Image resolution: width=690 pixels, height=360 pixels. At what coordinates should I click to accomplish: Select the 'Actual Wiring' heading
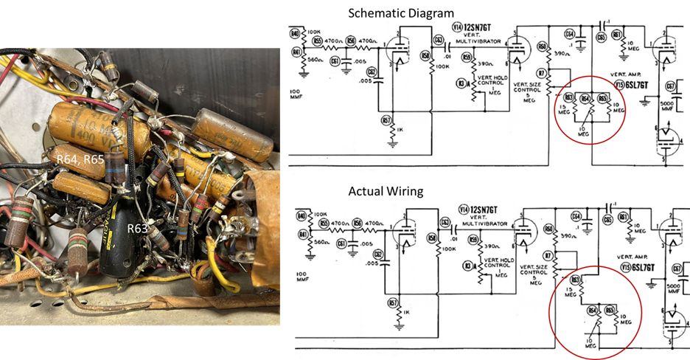pos(386,191)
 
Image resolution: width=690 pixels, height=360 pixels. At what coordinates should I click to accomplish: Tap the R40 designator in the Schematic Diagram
pos(295,34)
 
